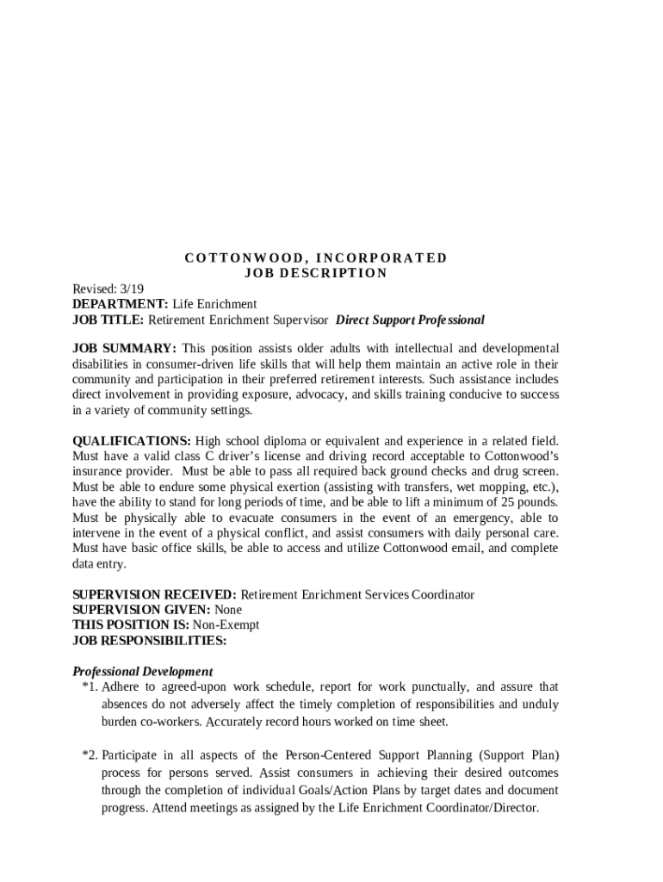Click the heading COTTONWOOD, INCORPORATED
(316, 258)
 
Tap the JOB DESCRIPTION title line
(316, 273)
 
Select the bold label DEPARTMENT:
(121, 304)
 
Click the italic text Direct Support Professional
(410, 320)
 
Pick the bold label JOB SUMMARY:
(124, 348)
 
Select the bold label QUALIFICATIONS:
(132, 440)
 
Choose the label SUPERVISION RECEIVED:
(154, 594)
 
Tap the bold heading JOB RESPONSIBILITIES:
(150, 641)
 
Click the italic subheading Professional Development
(143, 671)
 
